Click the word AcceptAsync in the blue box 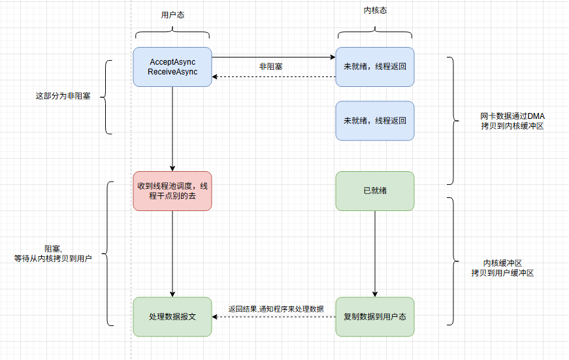[x=172, y=61]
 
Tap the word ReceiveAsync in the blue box [x=172, y=72]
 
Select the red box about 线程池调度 [x=172, y=191]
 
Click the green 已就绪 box [x=375, y=191]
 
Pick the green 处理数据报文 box [x=172, y=317]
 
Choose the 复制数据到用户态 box [x=375, y=317]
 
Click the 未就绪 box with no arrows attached [x=375, y=121]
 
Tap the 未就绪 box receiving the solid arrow [x=375, y=67]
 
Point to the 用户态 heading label [x=172, y=14]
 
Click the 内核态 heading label [x=375, y=10]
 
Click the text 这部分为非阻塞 [x=63, y=96]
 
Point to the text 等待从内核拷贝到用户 [x=53, y=259]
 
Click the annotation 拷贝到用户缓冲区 [x=502, y=273]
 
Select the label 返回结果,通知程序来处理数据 [x=276, y=308]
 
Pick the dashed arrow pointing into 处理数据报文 [x=274, y=317]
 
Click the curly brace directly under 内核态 [x=375, y=34]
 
